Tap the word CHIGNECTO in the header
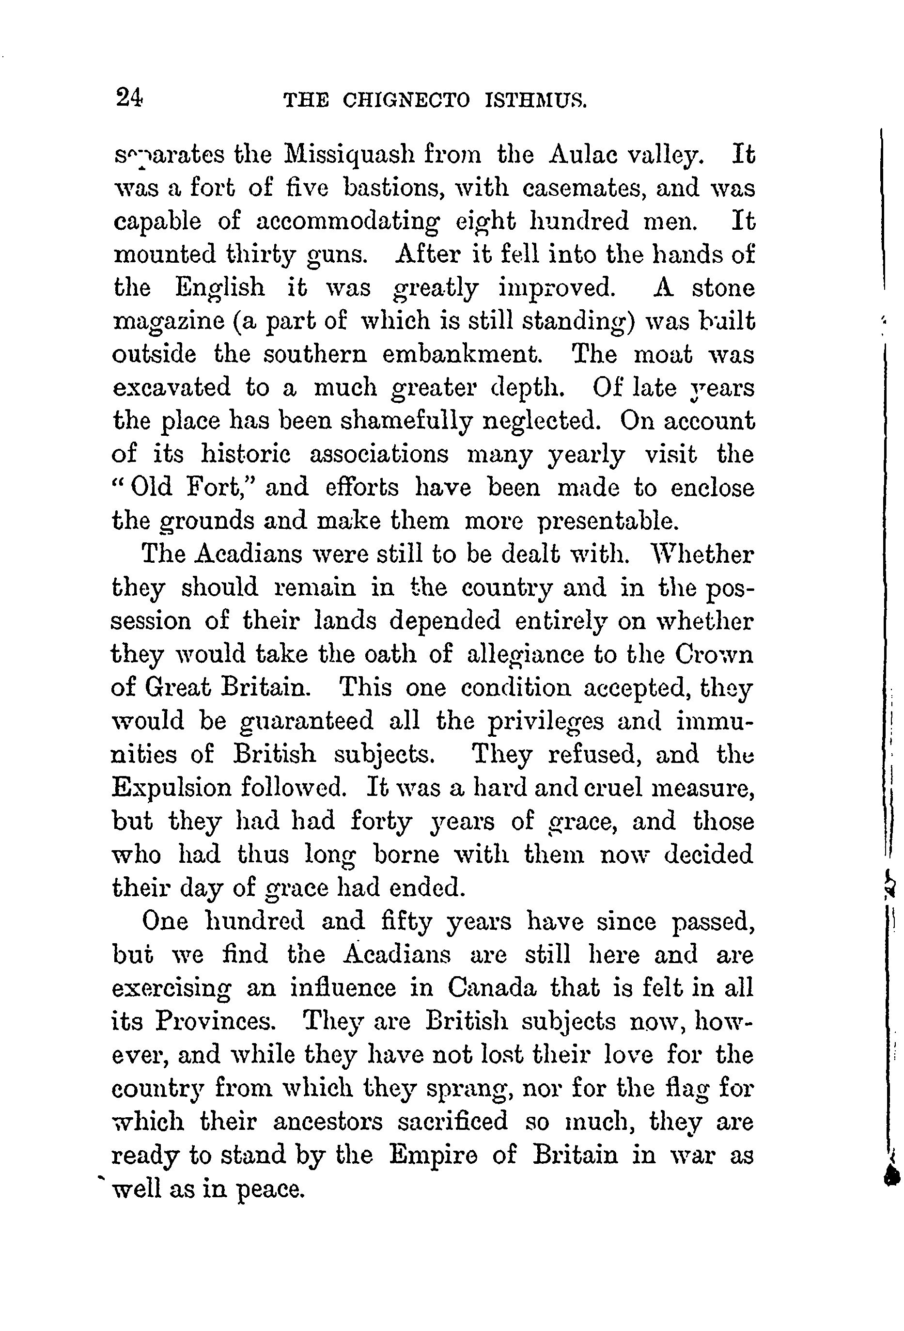pyautogui.click(x=406, y=101)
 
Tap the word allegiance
pyautogui.click(x=524, y=654)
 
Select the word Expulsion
pyautogui.click(x=171, y=788)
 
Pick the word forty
pyautogui.click(x=381, y=821)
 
